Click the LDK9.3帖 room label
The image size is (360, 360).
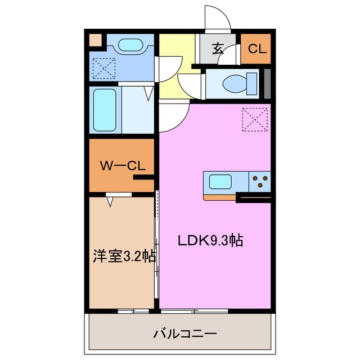tap(210, 240)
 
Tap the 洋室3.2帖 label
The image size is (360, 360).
tap(124, 256)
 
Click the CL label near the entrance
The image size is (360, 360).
tap(256, 49)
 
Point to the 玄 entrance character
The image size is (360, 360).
tap(218, 48)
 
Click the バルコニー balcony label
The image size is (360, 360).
tap(185, 334)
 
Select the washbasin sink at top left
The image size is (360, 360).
tap(130, 45)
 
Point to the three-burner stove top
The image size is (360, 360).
tap(260, 181)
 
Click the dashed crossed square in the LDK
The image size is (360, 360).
tap(253, 119)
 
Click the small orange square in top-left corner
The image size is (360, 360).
tap(96, 40)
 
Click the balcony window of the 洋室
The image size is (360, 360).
tap(134, 310)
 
